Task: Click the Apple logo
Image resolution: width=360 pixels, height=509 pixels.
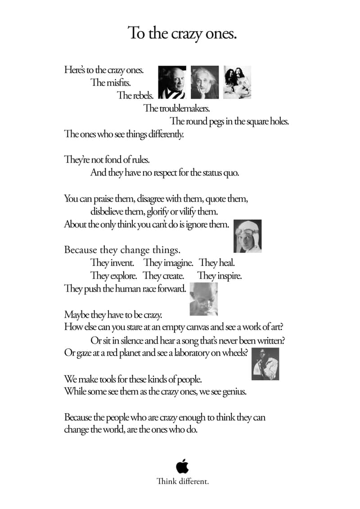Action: point(182,466)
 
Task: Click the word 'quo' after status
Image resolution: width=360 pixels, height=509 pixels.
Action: point(231,173)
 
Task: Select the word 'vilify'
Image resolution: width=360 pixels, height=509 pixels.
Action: point(186,212)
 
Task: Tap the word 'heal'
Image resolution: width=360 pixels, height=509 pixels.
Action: point(227,263)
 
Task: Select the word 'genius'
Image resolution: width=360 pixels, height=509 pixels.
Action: point(234,392)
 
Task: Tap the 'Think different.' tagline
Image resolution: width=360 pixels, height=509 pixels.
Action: point(182,482)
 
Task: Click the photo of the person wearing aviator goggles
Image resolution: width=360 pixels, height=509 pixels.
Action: point(248,236)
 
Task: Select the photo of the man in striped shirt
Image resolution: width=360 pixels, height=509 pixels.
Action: point(172,82)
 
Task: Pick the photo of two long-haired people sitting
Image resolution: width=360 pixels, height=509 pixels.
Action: point(237,82)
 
